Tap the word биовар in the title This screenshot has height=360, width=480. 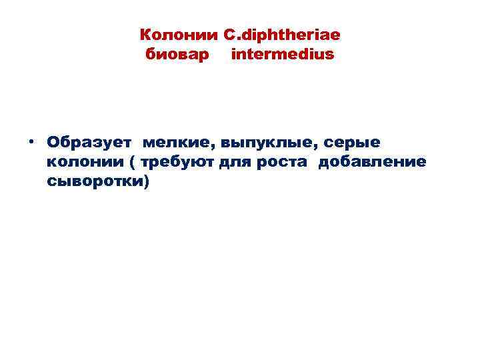(170, 53)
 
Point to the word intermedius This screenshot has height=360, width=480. (282, 53)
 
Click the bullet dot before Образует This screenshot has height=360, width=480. (31, 143)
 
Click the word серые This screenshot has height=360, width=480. (357, 143)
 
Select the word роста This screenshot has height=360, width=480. (283, 162)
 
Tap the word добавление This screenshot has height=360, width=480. (372, 162)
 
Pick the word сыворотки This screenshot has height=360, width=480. (93, 181)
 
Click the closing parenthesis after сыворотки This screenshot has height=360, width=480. (146, 182)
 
